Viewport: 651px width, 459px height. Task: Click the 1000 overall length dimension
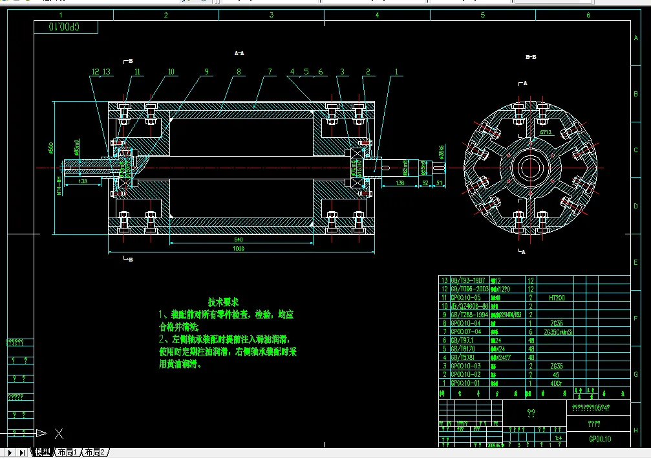click(239, 248)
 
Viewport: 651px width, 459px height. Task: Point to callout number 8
click(239, 73)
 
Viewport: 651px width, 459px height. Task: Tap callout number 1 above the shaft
click(396, 72)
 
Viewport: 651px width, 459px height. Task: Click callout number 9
click(206, 72)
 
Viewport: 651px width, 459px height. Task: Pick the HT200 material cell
click(555, 298)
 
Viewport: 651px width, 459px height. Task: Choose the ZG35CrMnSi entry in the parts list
click(559, 331)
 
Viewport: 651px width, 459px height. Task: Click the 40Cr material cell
click(555, 383)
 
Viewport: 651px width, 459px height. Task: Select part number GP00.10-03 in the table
click(465, 366)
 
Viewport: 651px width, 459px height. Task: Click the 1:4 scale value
click(557, 438)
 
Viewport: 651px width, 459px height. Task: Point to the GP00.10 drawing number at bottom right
click(599, 439)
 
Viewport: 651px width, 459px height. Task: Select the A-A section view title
click(239, 53)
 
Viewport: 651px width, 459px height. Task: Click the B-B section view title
click(531, 57)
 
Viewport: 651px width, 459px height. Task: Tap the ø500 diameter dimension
click(51, 148)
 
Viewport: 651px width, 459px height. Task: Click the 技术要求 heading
click(224, 302)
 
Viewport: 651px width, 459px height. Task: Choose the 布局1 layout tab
click(67, 453)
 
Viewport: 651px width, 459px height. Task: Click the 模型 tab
click(42, 453)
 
